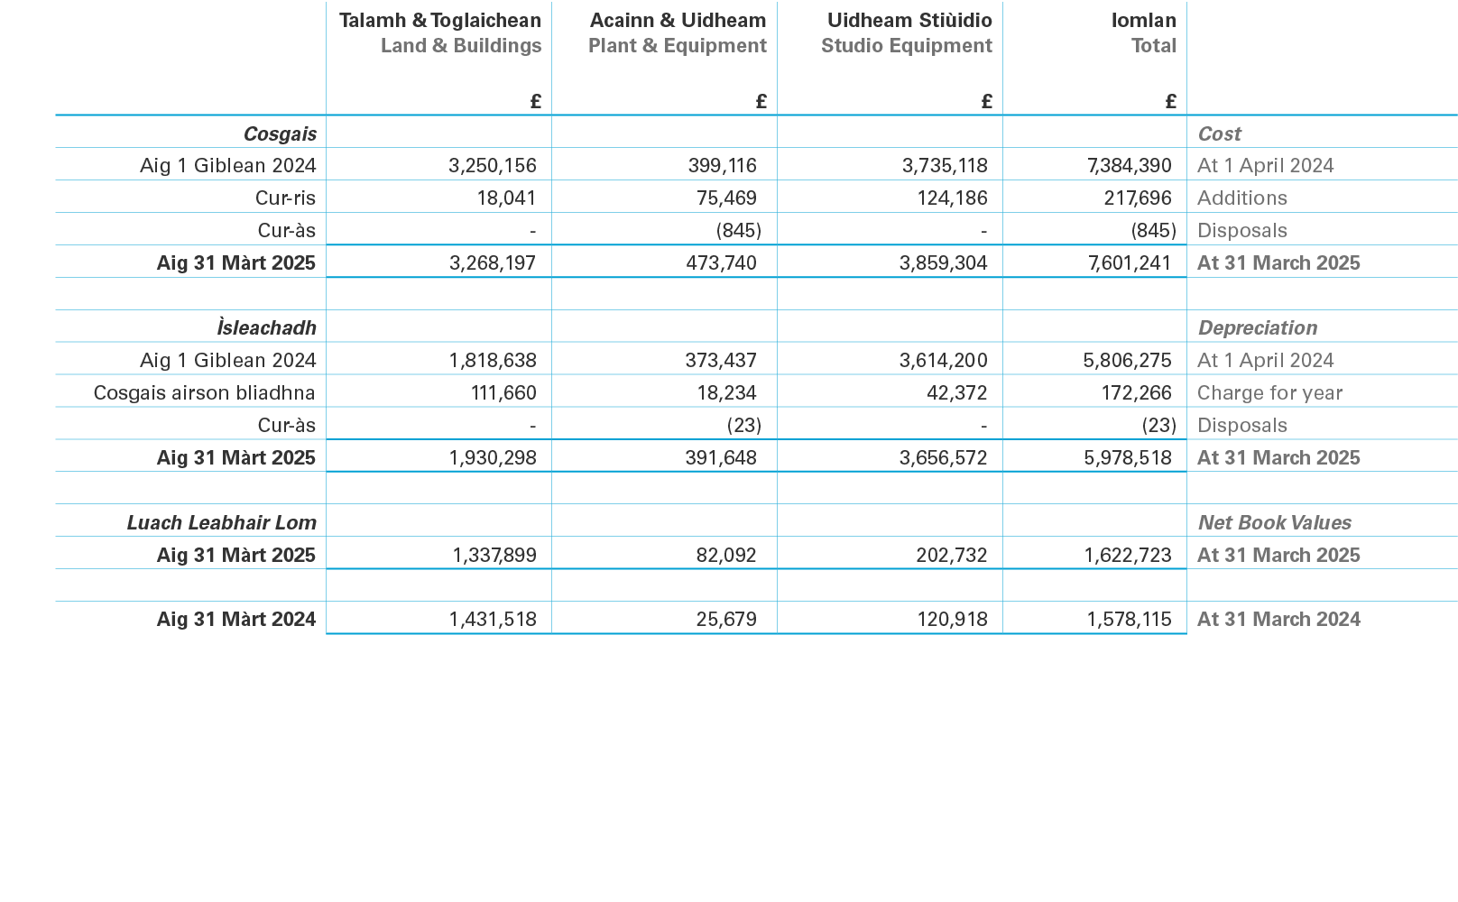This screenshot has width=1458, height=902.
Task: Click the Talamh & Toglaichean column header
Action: click(x=439, y=20)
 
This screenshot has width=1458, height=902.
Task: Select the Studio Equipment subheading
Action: click(x=906, y=46)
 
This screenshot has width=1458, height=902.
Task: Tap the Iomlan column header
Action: click(x=1143, y=20)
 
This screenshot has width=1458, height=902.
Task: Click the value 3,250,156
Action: click(x=492, y=166)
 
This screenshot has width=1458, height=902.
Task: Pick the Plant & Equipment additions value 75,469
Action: click(x=726, y=198)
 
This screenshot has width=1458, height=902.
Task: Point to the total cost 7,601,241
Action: click(x=1130, y=263)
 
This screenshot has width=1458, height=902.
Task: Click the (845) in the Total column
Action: click(x=1153, y=231)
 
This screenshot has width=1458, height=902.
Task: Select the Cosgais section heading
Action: click(x=280, y=134)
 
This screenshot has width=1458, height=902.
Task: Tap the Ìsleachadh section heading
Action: click(x=266, y=328)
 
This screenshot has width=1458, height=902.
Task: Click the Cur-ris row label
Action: click(x=285, y=198)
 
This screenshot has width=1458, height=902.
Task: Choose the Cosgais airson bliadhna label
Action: click(x=204, y=393)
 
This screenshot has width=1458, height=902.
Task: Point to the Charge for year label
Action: click(x=1269, y=393)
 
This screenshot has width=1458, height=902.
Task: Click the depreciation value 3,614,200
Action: click(x=943, y=361)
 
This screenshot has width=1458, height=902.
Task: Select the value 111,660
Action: click(x=503, y=393)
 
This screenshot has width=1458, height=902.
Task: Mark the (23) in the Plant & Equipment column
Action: click(x=738, y=426)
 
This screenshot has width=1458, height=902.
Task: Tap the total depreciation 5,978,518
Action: click(x=1127, y=458)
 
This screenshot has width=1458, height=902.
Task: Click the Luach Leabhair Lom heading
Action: click(x=221, y=523)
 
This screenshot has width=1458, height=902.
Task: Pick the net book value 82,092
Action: click(x=726, y=556)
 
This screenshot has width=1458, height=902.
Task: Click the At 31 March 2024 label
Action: click(x=1278, y=620)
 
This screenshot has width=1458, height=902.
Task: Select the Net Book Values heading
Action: click(x=1274, y=523)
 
